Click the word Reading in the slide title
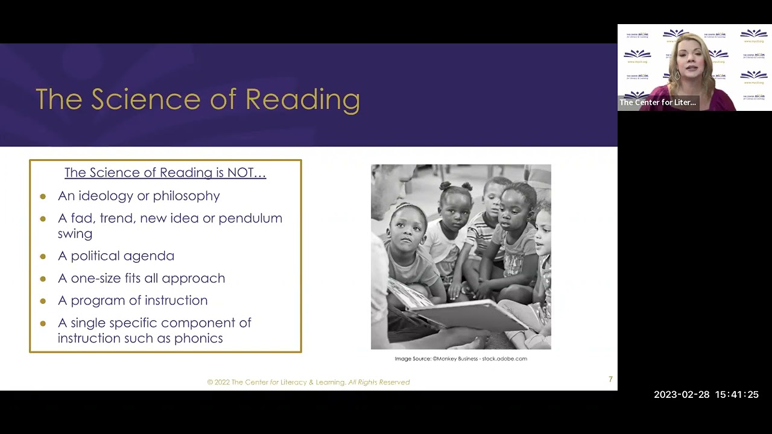[x=302, y=100]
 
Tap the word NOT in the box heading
[x=240, y=172]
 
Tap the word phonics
[x=198, y=338]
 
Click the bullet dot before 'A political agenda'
[x=43, y=256]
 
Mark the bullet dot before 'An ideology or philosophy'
[x=43, y=196]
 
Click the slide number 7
[x=610, y=379]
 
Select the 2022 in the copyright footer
[x=222, y=382]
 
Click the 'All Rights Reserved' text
[x=379, y=382]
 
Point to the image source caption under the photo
[x=461, y=359]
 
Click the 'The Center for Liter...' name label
[x=657, y=102]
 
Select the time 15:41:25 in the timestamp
[x=736, y=395]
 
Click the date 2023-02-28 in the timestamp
[x=682, y=395]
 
